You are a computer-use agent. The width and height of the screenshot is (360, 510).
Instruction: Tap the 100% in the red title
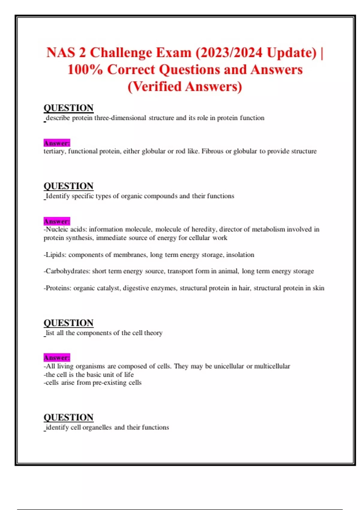point(85,70)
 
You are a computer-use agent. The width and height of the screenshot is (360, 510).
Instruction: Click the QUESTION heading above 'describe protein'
point(68,108)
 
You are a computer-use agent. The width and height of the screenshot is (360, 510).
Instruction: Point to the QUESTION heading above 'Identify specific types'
point(68,186)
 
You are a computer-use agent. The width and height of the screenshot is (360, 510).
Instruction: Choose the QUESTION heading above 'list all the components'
point(68,323)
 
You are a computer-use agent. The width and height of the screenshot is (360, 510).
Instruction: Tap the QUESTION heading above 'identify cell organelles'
point(68,417)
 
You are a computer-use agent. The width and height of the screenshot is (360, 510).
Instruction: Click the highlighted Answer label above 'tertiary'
point(57,143)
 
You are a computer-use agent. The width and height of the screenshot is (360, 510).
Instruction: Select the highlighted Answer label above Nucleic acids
point(57,221)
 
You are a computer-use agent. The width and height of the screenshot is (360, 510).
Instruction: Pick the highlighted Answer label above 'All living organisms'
point(57,358)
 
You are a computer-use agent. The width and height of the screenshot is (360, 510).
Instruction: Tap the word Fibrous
point(212,151)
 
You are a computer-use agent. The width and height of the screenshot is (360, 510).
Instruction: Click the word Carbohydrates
point(67,271)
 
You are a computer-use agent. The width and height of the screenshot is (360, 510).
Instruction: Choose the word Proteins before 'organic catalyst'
point(58,288)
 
